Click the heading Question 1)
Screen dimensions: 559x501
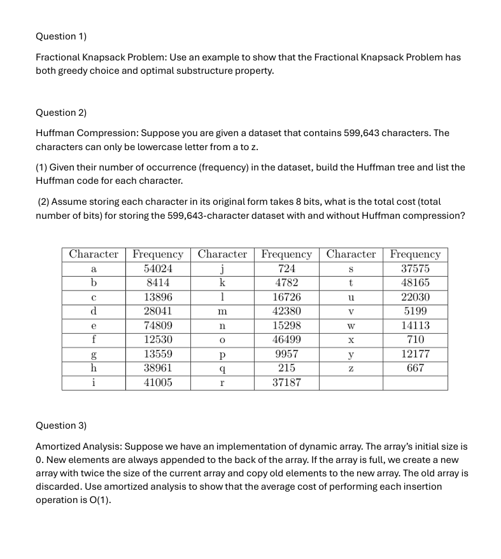pos(61,36)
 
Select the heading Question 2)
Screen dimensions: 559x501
pos(61,113)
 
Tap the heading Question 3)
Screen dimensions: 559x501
pos(61,425)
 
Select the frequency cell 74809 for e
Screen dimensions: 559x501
pos(158,325)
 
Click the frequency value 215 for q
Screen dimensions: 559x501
pos(286,368)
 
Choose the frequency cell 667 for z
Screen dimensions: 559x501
pos(415,368)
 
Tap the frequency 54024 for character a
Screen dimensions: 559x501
pos(158,269)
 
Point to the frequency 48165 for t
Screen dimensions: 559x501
pos(415,283)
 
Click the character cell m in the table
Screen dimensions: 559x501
pos(222,312)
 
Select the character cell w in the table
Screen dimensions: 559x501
pos(351,325)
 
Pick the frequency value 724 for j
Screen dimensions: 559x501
pos(286,269)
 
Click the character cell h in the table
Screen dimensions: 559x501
pos(94,368)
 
